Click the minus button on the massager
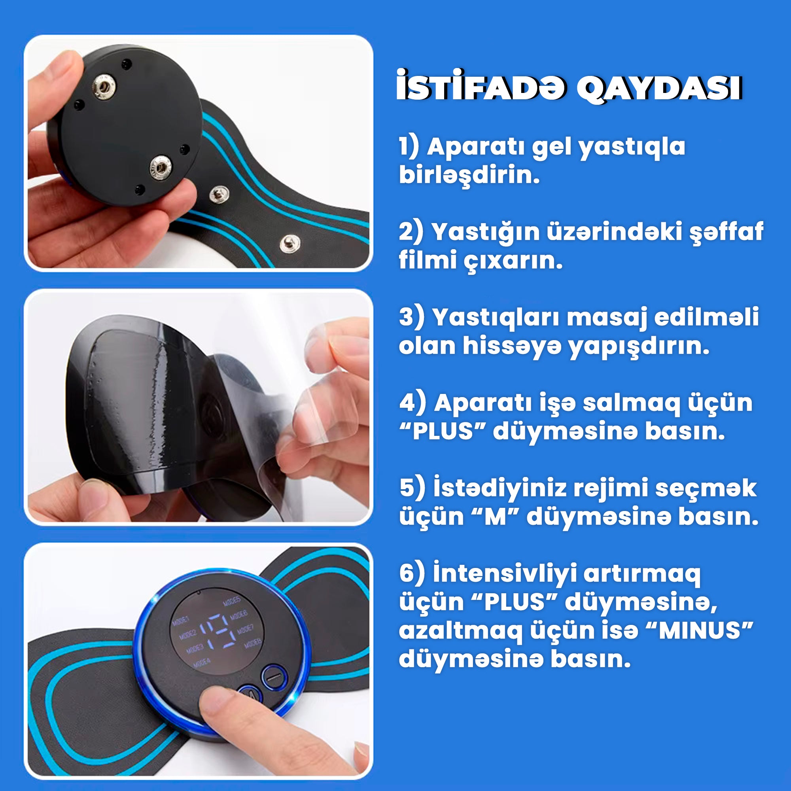(274, 677)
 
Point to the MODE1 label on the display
(180, 621)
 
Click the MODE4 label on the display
(201, 662)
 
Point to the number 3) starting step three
(411, 317)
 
